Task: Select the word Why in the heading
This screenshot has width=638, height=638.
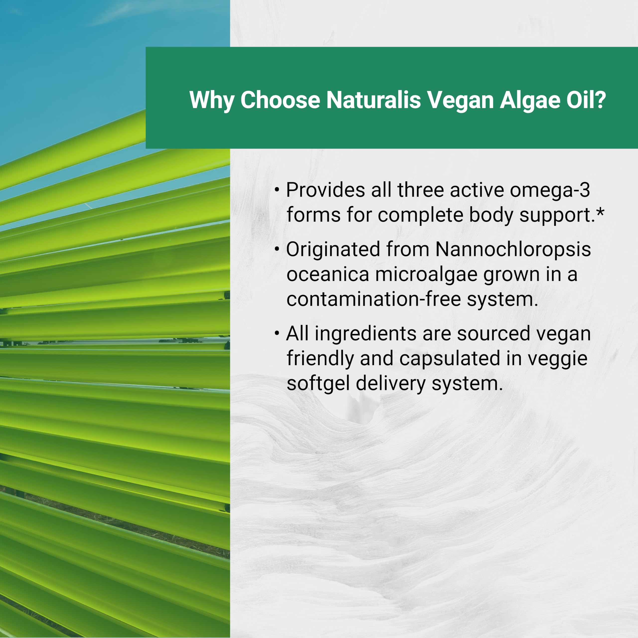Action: pyautogui.click(x=212, y=99)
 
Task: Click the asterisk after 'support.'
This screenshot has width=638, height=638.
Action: pyautogui.click(x=600, y=213)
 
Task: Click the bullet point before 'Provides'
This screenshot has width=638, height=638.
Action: pyautogui.click(x=277, y=190)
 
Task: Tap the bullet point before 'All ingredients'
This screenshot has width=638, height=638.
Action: pyautogui.click(x=277, y=333)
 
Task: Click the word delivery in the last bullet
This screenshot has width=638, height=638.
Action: pyautogui.click(x=391, y=384)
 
